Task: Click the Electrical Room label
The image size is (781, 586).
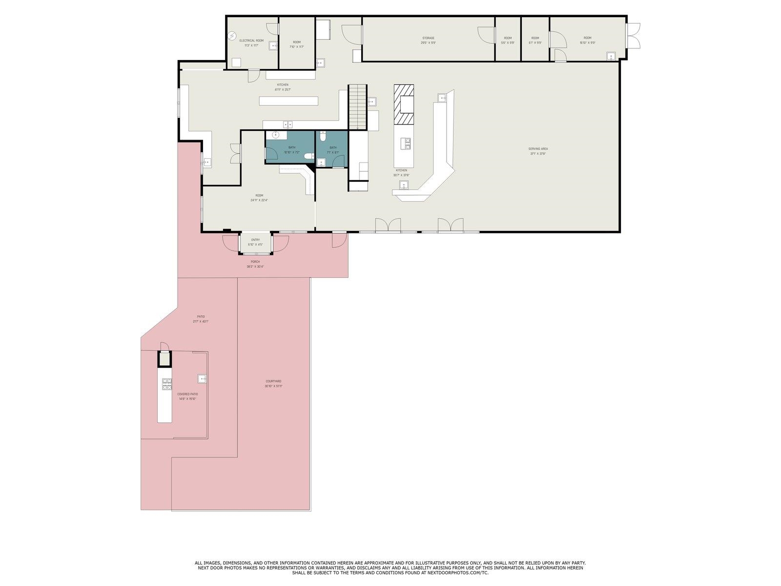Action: click(251, 41)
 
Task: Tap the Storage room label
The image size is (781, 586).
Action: click(428, 38)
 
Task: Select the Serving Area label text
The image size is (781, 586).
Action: click(538, 149)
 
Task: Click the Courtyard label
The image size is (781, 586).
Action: click(273, 381)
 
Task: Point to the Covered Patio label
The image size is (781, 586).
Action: click(187, 394)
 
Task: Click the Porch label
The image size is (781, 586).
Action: click(255, 262)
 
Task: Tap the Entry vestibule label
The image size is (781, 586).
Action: click(255, 240)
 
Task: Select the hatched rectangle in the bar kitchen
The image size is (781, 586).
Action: click(404, 105)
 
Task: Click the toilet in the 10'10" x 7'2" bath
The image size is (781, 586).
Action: click(309, 156)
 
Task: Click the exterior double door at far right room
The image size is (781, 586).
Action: click(633, 36)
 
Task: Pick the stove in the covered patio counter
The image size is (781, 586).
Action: click(167, 384)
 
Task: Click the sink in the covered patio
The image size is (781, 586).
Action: click(202, 377)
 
